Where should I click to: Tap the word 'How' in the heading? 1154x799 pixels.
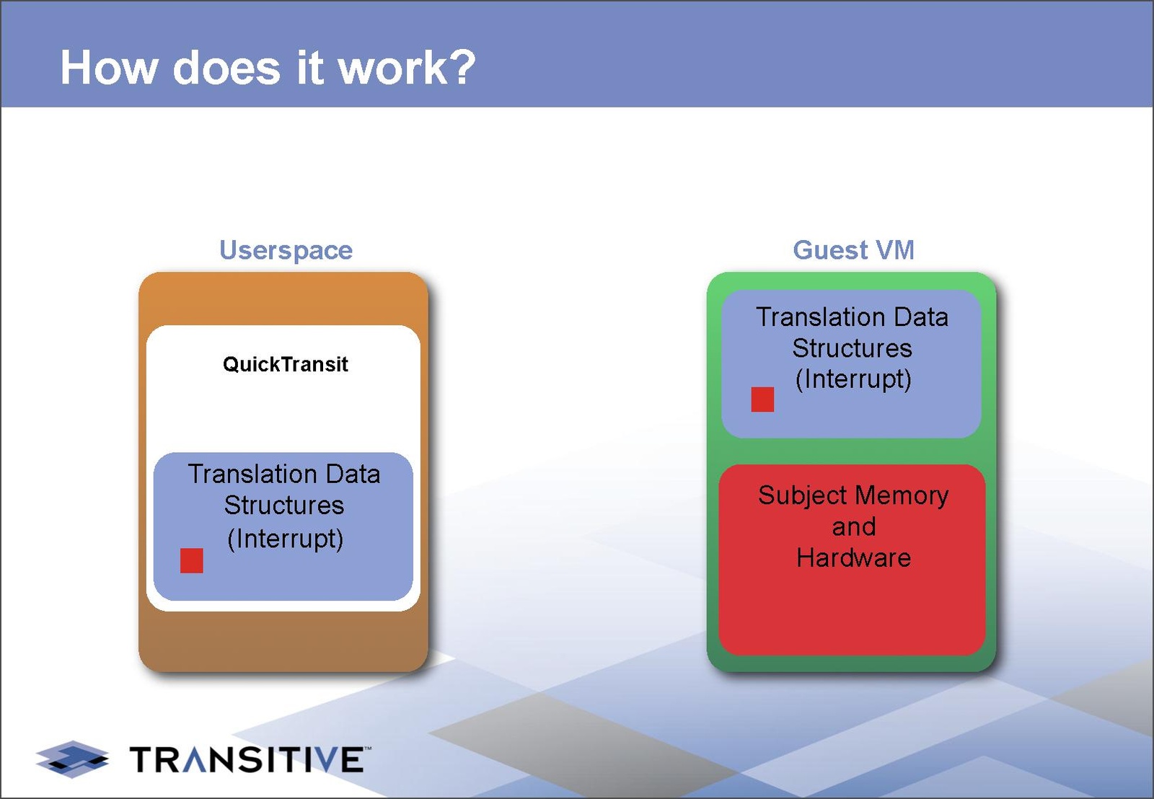point(109,68)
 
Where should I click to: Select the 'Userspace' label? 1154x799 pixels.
point(286,250)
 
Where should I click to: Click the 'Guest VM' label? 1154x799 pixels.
point(853,250)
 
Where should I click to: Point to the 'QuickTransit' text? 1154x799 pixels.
point(286,364)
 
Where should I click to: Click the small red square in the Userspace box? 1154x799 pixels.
point(192,560)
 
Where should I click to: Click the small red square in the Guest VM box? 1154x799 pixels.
point(762,399)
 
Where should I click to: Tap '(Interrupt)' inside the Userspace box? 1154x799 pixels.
point(286,539)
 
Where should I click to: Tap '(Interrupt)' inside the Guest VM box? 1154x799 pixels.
point(853,379)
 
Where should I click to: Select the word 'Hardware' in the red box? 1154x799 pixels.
point(853,558)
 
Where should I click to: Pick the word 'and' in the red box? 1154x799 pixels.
point(853,527)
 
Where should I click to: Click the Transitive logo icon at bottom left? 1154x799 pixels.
point(72,759)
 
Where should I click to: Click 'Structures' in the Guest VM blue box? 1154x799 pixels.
point(852,348)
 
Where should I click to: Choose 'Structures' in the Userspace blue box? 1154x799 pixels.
point(284,506)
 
